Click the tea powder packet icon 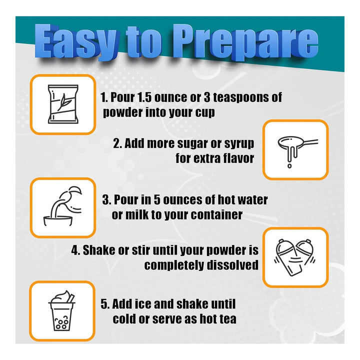[63, 104]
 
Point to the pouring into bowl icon [62, 206]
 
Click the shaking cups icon [294, 257]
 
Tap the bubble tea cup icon [61, 310]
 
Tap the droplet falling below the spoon [289, 166]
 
